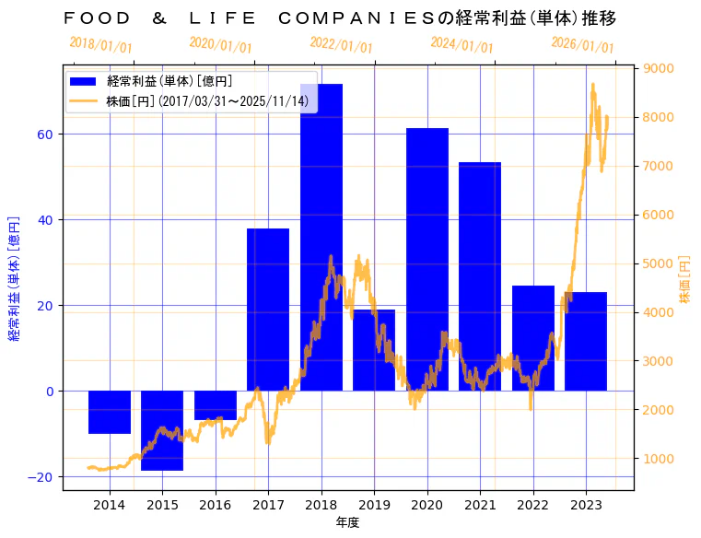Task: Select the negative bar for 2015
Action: pos(162,430)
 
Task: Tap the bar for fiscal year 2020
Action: pos(427,259)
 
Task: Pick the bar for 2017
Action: pos(268,310)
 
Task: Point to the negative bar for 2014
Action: pos(110,412)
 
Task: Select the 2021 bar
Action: pos(480,276)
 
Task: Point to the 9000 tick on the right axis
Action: pos(661,68)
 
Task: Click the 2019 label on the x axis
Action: pos(374,505)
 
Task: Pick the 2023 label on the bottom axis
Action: pos(586,505)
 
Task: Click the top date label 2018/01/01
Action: pos(100,44)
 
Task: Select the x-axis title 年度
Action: pos(347,522)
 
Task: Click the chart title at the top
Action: pos(340,18)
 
